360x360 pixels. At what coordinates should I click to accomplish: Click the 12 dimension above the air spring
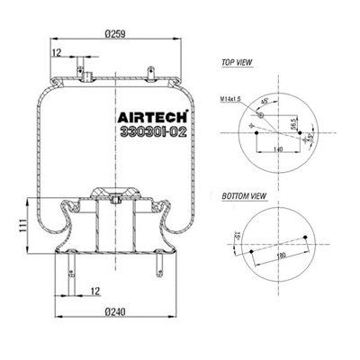(58, 54)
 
